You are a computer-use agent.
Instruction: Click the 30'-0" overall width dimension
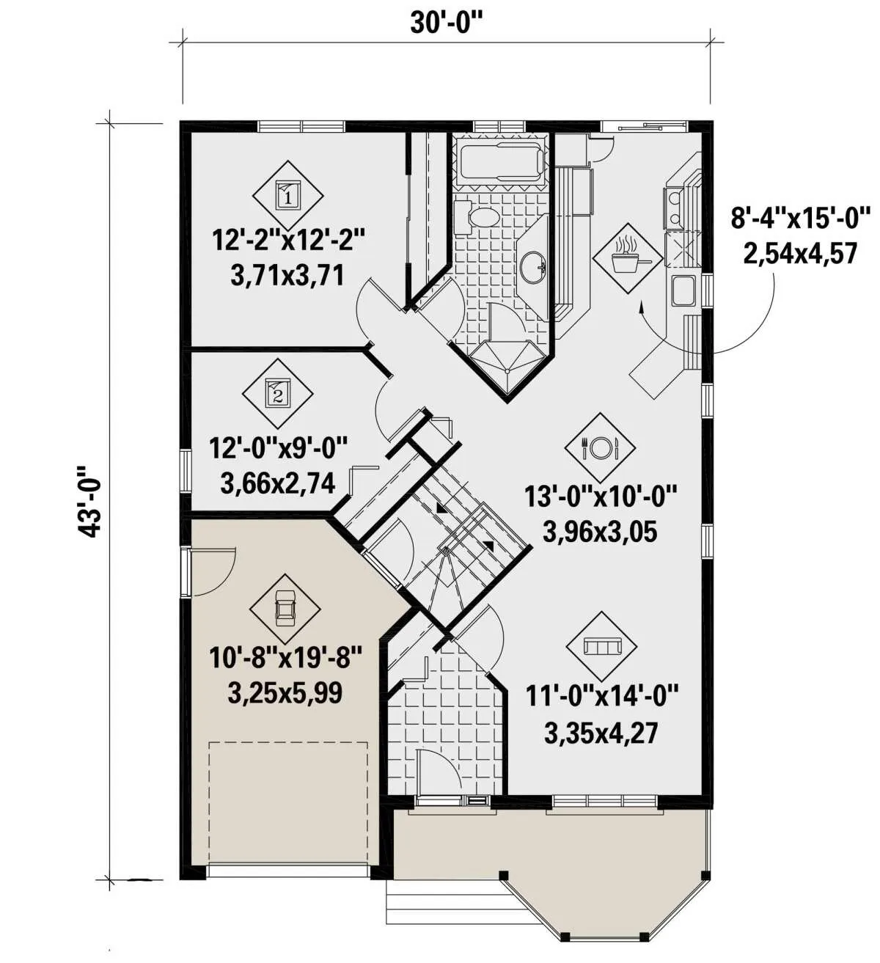click(446, 23)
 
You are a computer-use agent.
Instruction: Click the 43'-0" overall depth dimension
click(89, 501)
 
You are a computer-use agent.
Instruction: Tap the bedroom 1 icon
click(288, 195)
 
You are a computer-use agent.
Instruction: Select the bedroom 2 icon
click(277, 394)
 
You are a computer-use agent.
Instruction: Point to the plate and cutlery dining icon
click(600, 448)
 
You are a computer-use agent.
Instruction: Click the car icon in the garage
click(285, 609)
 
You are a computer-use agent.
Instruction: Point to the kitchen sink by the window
click(683, 290)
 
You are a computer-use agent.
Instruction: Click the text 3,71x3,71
click(287, 276)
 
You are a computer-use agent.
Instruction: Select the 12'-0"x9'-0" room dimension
click(278, 450)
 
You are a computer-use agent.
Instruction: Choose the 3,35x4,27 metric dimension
click(601, 733)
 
